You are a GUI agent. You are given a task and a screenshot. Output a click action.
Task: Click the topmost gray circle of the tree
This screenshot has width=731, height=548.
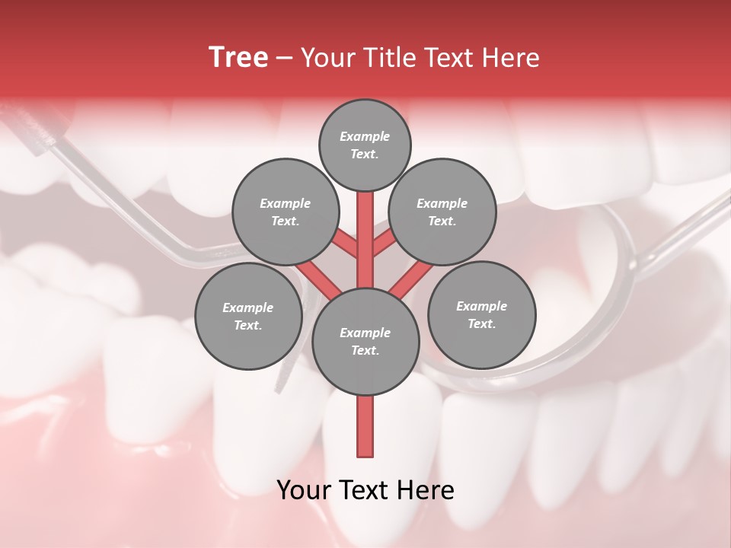(x=365, y=145)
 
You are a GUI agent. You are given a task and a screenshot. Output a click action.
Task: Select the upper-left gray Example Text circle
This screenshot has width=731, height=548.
(x=286, y=212)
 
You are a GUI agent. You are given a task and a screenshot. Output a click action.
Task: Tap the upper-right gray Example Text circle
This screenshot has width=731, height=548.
(x=442, y=212)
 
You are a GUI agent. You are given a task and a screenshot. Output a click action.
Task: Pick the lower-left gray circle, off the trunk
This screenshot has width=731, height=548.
(x=248, y=316)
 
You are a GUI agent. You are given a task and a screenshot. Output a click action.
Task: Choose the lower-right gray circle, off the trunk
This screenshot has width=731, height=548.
(x=481, y=314)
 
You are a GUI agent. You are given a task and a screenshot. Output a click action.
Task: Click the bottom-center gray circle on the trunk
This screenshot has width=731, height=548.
(x=365, y=341)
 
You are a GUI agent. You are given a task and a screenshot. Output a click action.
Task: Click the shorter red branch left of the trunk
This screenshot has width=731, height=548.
(x=347, y=246)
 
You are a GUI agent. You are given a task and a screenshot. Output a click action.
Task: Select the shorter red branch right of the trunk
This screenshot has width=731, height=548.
(x=384, y=246)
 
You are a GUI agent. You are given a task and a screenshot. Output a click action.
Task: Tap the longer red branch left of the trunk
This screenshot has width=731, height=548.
(x=318, y=279)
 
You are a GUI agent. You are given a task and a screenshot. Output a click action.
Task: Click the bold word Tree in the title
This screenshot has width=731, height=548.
(x=238, y=57)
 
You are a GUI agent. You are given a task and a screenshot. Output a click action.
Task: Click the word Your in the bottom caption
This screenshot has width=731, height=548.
(x=305, y=490)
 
